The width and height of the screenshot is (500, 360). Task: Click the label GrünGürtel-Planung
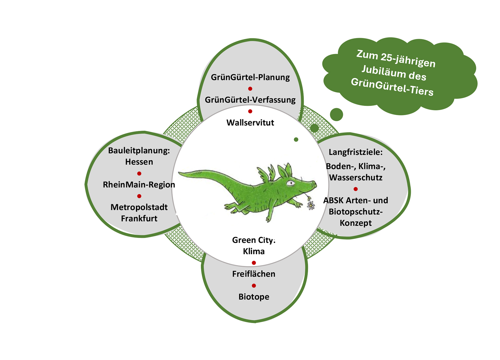[x=250, y=77]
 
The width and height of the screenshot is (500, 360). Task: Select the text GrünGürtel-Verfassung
[x=250, y=100]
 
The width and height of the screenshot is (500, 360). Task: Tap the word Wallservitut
[x=250, y=123]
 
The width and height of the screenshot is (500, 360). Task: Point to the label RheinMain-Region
[x=139, y=185]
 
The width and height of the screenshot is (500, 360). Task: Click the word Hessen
[x=139, y=162]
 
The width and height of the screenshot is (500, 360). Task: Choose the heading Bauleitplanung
[x=138, y=151]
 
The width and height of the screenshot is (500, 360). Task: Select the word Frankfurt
[x=139, y=219]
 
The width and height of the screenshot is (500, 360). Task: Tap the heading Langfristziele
[x=355, y=152]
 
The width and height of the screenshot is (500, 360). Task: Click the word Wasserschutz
[x=356, y=178]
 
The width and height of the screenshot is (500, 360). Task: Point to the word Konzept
[x=356, y=223]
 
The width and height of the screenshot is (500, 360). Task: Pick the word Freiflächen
[x=254, y=274]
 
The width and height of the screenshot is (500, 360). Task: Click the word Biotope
[x=254, y=297]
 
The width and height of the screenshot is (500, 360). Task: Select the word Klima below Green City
[x=254, y=252]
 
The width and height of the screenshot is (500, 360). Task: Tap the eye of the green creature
[x=291, y=183]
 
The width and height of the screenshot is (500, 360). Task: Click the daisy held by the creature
[x=311, y=205]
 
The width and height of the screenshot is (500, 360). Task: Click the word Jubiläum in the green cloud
[x=394, y=73]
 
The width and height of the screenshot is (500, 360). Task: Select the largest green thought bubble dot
[x=336, y=115]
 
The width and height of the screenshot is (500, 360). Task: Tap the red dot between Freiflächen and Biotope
[x=254, y=286]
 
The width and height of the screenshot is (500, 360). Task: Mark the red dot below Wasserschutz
[x=356, y=189]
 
